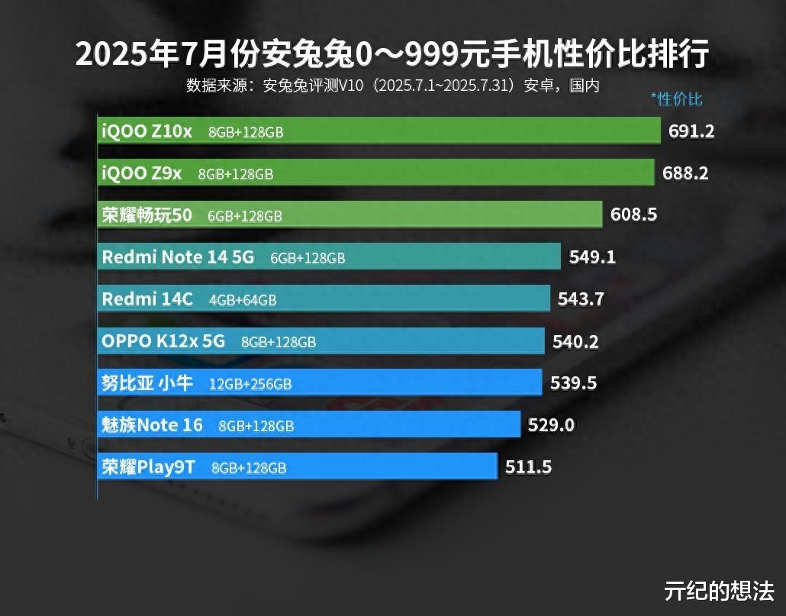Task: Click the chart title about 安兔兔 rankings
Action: tap(392, 54)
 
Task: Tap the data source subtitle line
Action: tap(392, 85)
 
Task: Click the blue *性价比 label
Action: tap(676, 98)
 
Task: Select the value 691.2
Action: tap(691, 131)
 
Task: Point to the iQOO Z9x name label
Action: tap(142, 173)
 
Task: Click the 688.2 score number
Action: tap(685, 173)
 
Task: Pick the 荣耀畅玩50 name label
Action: tap(147, 215)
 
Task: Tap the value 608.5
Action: tap(633, 215)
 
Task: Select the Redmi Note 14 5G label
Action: tap(178, 257)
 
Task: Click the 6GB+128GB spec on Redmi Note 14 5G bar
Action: tap(308, 259)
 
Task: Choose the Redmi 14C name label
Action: tap(147, 299)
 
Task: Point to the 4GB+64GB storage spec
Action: tap(243, 301)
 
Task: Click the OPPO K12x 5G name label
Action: tap(163, 341)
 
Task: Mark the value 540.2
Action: tap(575, 341)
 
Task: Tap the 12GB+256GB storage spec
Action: tap(250, 384)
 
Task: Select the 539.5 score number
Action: tap(573, 383)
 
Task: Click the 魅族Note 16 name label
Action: tap(152, 424)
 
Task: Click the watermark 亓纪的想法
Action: tap(719, 590)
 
